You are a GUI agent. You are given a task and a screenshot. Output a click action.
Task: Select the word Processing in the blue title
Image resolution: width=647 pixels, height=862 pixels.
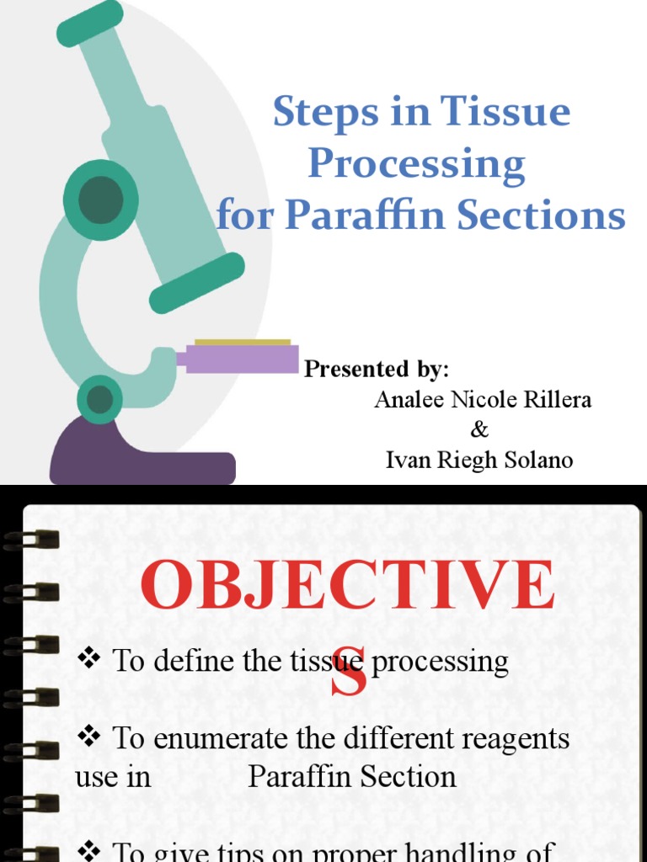pyautogui.click(x=416, y=165)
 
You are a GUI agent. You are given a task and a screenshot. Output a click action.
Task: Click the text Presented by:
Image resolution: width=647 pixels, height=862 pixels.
pyautogui.click(x=377, y=369)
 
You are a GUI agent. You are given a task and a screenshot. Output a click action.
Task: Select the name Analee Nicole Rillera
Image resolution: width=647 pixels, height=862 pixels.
pyautogui.click(x=483, y=399)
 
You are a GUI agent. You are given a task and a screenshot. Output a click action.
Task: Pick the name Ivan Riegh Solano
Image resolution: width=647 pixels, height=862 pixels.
pyautogui.click(x=479, y=460)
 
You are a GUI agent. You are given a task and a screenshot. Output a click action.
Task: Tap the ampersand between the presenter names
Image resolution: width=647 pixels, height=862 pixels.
pyautogui.click(x=479, y=429)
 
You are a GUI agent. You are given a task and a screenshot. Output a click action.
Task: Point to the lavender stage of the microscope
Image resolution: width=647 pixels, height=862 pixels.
pyautogui.click(x=240, y=359)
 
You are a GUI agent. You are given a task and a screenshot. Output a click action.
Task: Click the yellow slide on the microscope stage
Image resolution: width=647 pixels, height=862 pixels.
pyautogui.click(x=243, y=343)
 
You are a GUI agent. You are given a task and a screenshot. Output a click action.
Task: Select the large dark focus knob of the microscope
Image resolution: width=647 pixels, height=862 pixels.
pyautogui.click(x=101, y=200)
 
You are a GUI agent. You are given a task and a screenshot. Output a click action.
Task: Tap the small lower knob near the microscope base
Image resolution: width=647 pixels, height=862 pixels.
pyautogui.click(x=100, y=399)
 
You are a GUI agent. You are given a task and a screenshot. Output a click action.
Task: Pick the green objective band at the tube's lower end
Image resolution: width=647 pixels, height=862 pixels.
pyautogui.click(x=197, y=282)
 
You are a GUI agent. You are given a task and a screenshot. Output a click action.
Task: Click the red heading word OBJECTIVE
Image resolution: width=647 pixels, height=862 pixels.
pyautogui.click(x=348, y=586)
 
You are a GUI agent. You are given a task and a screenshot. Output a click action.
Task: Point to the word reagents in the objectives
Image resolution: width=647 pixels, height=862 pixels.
pyautogui.click(x=513, y=739)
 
